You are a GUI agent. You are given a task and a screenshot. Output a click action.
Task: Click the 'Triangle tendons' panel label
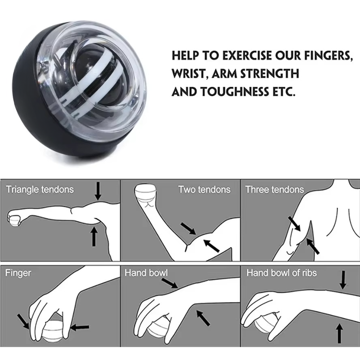point(40,189)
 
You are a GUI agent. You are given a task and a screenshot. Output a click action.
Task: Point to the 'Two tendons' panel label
point(204,189)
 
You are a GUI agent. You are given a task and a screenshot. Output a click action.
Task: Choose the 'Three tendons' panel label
point(274,189)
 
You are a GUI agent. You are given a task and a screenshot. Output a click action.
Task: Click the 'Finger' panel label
point(18,273)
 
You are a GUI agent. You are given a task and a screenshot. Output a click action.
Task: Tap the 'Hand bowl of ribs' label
point(281,273)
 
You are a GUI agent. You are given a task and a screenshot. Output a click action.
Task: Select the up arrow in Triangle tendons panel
point(94,237)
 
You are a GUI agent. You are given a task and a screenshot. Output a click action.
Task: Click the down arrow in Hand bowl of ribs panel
point(343,280)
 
